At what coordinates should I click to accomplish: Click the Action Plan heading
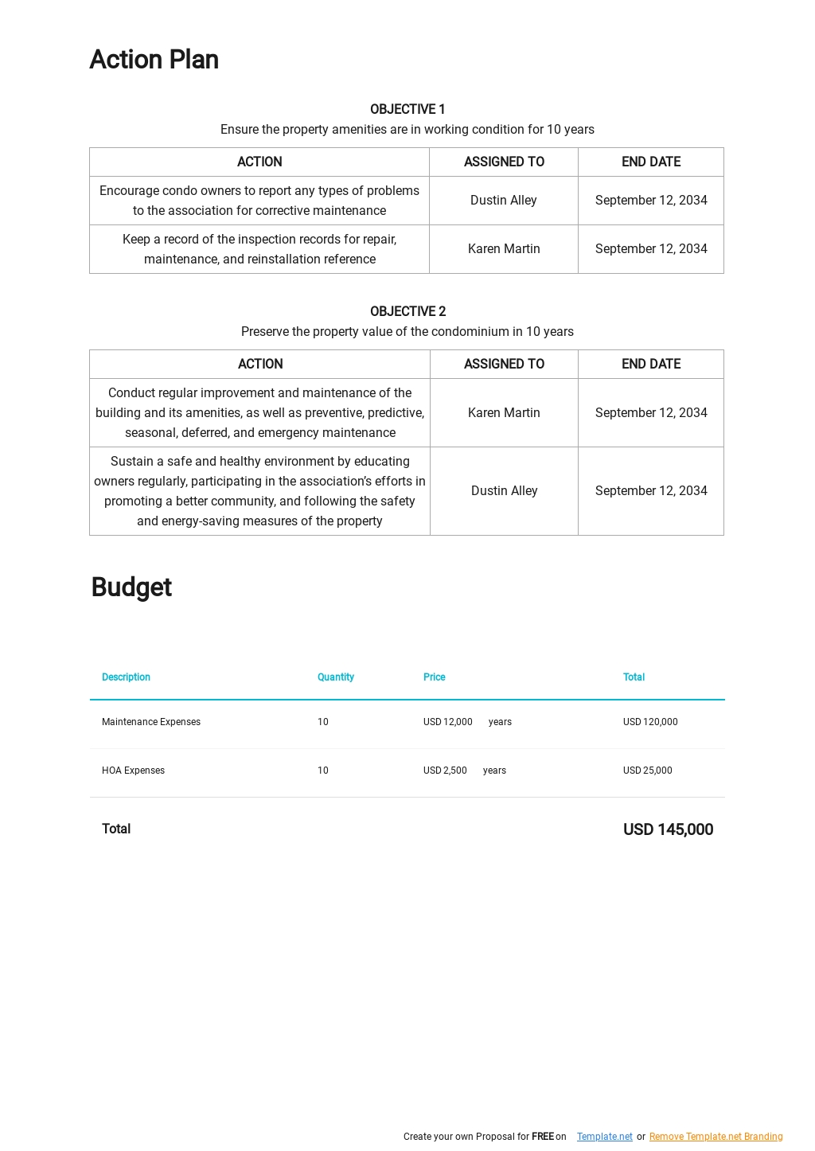[x=154, y=60]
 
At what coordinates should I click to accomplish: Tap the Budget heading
[x=131, y=587]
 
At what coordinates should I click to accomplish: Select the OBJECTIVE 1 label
[x=407, y=109]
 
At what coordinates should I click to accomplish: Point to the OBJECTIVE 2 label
[x=407, y=311]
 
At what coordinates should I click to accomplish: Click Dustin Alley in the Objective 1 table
[x=503, y=201]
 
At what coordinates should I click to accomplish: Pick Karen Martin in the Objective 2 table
[x=504, y=412]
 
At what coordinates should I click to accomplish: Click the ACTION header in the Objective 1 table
[x=259, y=162]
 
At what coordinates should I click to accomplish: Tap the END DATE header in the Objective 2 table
[x=651, y=364]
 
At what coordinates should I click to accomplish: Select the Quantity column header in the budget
[x=335, y=677]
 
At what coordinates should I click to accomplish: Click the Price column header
[x=434, y=677]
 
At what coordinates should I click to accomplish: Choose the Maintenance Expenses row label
[x=151, y=722]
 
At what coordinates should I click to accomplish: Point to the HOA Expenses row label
[x=133, y=771]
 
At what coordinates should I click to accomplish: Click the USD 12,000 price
[x=447, y=722]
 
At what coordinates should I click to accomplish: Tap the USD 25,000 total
[x=647, y=771]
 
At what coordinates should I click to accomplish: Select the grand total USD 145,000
[x=668, y=829]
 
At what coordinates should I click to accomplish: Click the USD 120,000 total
[x=650, y=722]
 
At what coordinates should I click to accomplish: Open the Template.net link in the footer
[x=604, y=1137]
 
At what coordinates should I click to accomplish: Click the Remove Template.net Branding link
[x=716, y=1137]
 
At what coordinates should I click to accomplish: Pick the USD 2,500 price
[x=445, y=771]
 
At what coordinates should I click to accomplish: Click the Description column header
[x=126, y=677]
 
